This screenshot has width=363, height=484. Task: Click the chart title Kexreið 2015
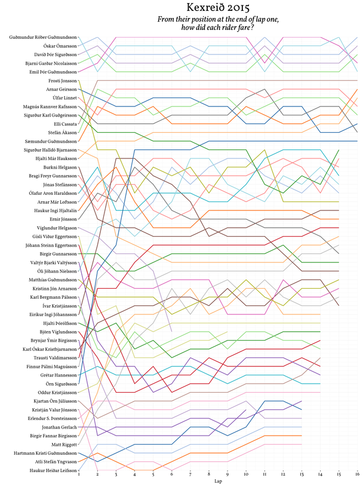click(218, 8)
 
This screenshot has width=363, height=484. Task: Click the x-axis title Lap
click(218, 480)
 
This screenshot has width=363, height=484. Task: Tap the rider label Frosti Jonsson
click(62, 80)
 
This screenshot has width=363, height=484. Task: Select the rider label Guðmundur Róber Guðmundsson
click(43, 37)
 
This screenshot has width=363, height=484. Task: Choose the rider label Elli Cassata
click(63, 123)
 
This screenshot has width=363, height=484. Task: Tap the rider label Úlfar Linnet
click(62, 97)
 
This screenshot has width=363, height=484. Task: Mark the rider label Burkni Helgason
click(59, 167)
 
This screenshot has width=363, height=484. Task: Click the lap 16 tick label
click(357, 473)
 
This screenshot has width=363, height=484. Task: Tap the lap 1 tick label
click(79, 473)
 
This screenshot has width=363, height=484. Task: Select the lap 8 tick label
click(209, 473)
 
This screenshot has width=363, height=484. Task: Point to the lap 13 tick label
click(302, 473)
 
